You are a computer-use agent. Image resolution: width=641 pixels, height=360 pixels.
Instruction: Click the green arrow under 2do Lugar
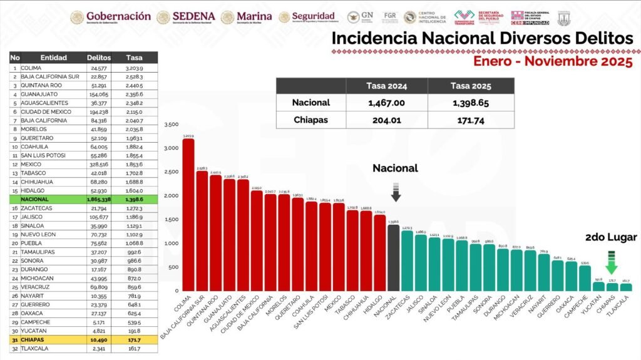[611, 263]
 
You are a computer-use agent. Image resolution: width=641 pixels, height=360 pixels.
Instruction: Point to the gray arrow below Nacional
[396, 191]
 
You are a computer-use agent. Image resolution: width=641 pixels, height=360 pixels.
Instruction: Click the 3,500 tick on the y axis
[170, 125]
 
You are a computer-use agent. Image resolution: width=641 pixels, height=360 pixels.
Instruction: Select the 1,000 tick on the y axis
[170, 244]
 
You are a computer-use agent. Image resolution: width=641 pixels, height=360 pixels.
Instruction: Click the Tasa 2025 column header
[471, 86]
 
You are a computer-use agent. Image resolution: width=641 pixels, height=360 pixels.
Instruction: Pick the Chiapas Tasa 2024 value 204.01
[384, 120]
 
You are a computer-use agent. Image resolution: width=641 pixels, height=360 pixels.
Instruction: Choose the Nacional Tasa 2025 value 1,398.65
[471, 103]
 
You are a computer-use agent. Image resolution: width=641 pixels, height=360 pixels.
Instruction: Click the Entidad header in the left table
[53, 58]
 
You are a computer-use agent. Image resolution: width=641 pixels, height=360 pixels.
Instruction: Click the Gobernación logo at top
[111, 16]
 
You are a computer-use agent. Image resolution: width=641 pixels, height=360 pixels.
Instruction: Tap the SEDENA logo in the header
[186, 16]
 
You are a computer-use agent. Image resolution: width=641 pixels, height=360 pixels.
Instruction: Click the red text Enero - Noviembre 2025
[553, 62]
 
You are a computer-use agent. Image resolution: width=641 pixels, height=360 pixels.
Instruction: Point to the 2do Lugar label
[611, 237]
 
